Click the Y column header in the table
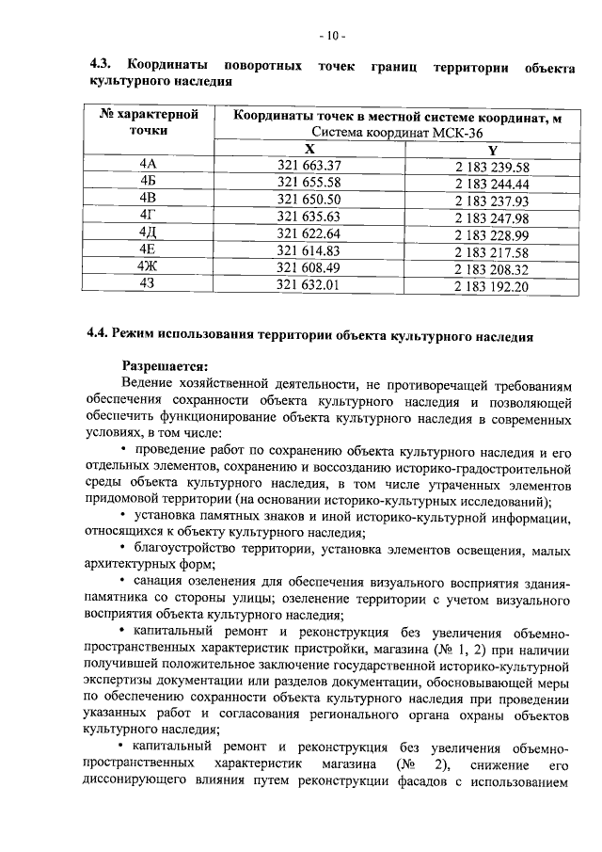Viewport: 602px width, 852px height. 492,151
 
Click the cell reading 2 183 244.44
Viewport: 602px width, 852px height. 492,185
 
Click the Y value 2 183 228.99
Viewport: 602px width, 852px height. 492,234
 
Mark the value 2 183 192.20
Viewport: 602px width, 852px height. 492,285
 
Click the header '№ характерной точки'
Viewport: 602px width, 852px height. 149,123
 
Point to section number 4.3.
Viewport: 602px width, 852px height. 101,65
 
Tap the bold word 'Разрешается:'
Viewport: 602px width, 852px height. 165,366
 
